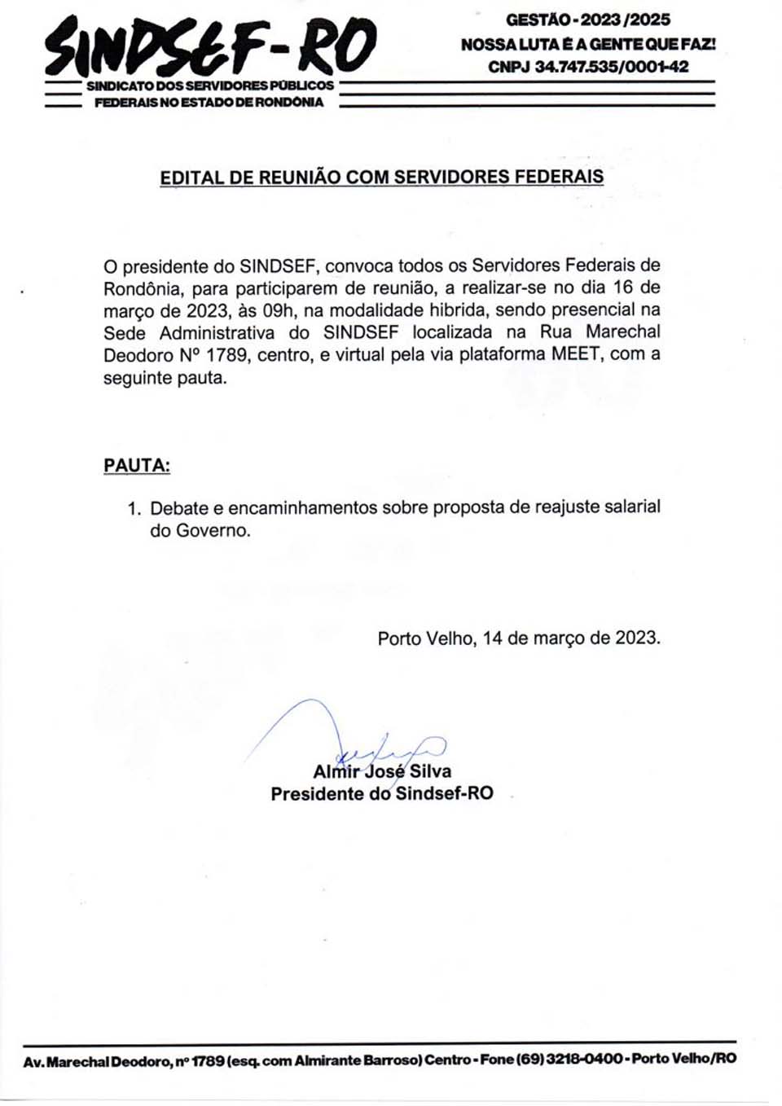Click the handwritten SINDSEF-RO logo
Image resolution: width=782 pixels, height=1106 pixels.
coord(210,46)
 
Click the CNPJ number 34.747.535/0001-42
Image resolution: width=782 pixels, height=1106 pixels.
coord(588,67)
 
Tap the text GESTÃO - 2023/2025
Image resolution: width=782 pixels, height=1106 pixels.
coord(588,20)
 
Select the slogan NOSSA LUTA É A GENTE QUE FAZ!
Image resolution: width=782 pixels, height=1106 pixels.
coord(588,44)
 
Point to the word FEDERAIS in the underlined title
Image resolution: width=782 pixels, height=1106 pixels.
coord(561,177)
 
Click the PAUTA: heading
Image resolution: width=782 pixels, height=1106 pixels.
coord(137,466)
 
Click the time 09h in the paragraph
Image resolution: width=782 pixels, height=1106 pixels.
coord(278,310)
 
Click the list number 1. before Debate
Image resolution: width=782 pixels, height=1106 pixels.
coord(134,508)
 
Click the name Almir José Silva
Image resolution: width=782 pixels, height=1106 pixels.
coord(382,771)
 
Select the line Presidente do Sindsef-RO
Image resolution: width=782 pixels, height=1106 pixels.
coord(382,794)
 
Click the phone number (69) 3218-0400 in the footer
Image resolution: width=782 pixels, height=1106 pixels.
coord(569,1059)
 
